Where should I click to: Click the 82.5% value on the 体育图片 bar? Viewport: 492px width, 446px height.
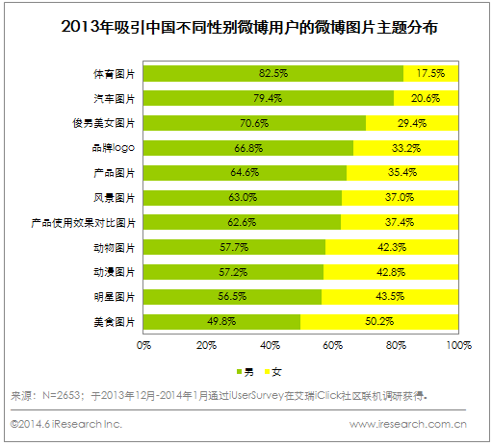click(273, 73)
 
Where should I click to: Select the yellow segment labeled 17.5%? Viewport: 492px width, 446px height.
click(430, 73)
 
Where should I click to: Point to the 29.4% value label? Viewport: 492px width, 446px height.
click(424, 123)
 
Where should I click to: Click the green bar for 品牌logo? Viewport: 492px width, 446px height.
click(248, 148)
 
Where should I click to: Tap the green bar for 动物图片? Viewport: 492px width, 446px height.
click(234, 247)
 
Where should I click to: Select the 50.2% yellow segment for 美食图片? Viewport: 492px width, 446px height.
click(379, 321)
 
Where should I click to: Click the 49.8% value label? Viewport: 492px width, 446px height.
click(222, 321)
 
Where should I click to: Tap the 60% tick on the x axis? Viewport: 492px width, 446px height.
click(333, 344)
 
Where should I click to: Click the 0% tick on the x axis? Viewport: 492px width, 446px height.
click(144, 344)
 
